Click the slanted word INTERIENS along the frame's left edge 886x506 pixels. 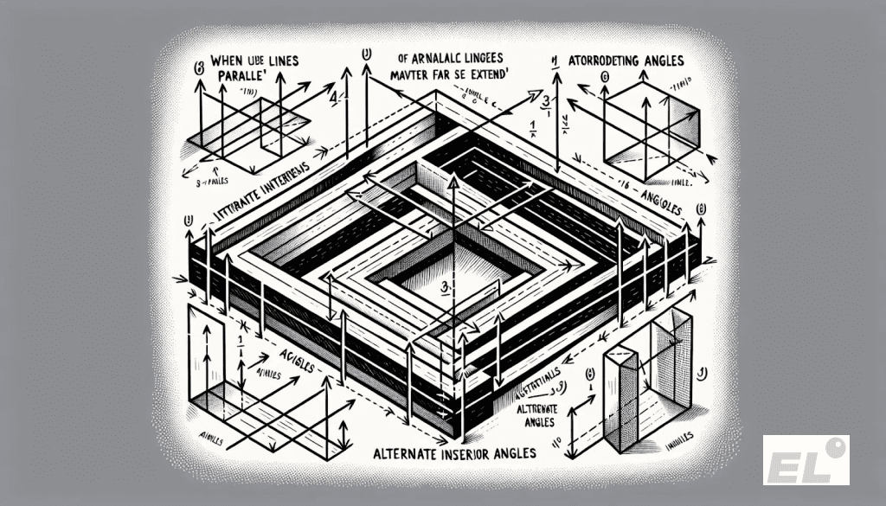pos(290,192)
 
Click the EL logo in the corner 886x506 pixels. pos(806,459)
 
